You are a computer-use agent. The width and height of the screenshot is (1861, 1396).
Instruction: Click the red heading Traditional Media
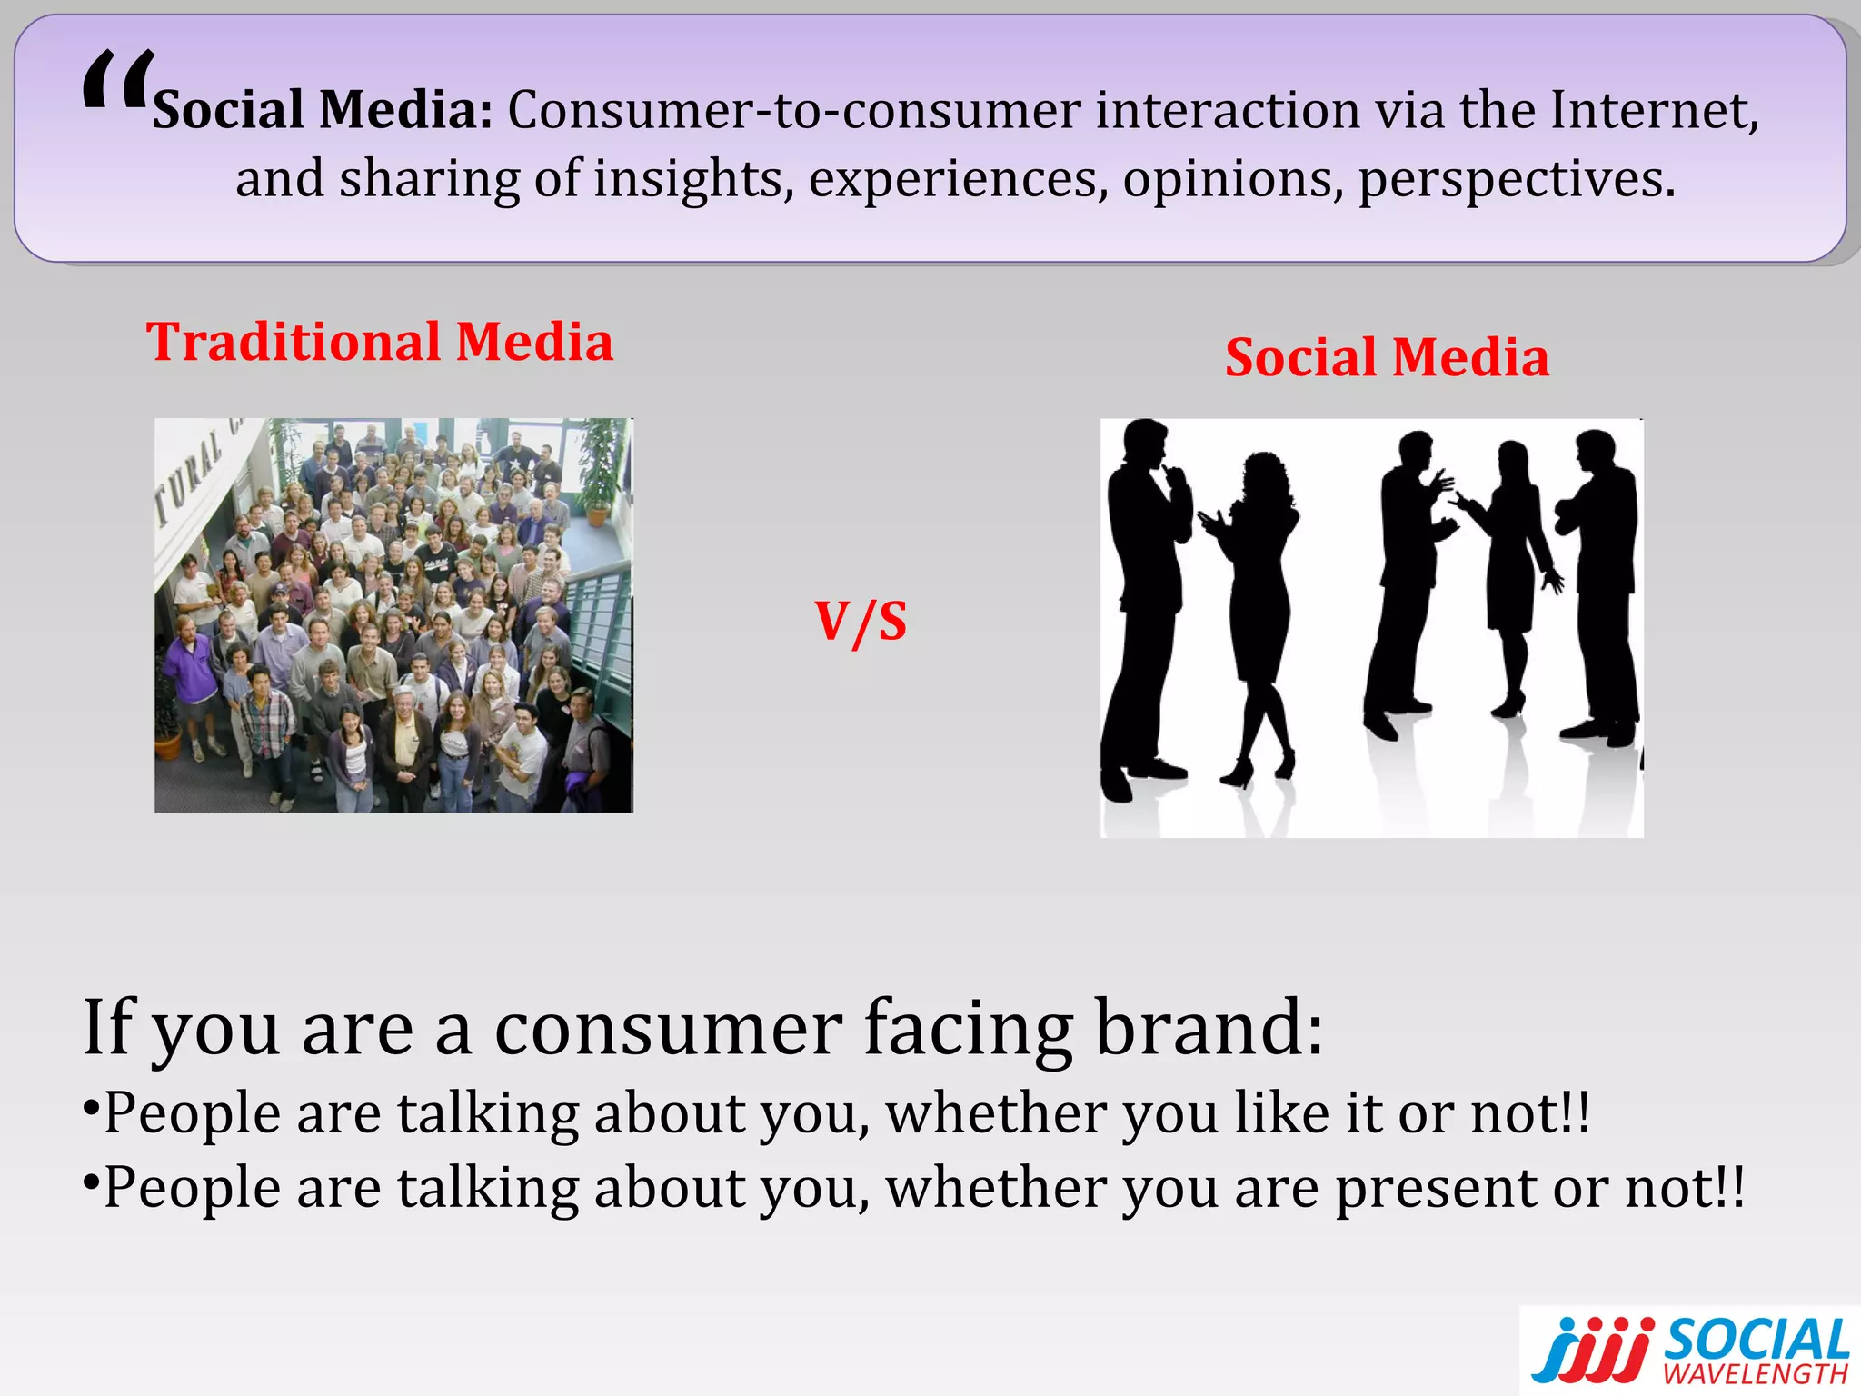tap(380, 343)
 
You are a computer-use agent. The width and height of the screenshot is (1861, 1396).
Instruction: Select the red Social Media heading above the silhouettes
tap(1387, 357)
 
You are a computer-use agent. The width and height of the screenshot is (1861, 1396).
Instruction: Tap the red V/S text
tap(861, 622)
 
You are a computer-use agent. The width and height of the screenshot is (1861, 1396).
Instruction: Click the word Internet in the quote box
tap(1653, 110)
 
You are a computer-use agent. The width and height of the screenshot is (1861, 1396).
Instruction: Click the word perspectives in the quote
tap(1515, 179)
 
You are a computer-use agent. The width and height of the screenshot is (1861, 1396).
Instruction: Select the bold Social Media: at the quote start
tap(323, 110)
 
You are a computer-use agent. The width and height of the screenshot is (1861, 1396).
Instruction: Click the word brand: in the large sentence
tap(1209, 1027)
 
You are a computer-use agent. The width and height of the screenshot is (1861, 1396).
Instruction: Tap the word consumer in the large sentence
tap(668, 1029)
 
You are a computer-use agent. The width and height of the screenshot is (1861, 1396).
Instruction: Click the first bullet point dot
tap(91, 1108)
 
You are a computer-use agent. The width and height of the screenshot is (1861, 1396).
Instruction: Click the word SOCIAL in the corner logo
tap(1757, 1341)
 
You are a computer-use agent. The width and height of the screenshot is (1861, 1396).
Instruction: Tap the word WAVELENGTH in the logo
tap(1756, 1374)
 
